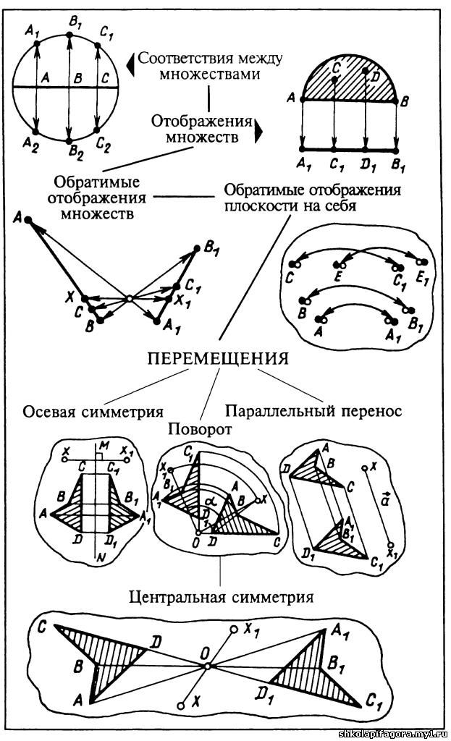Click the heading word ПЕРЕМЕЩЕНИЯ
218,359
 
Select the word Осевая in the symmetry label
53,412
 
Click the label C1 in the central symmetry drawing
375,700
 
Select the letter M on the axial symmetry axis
104,444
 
